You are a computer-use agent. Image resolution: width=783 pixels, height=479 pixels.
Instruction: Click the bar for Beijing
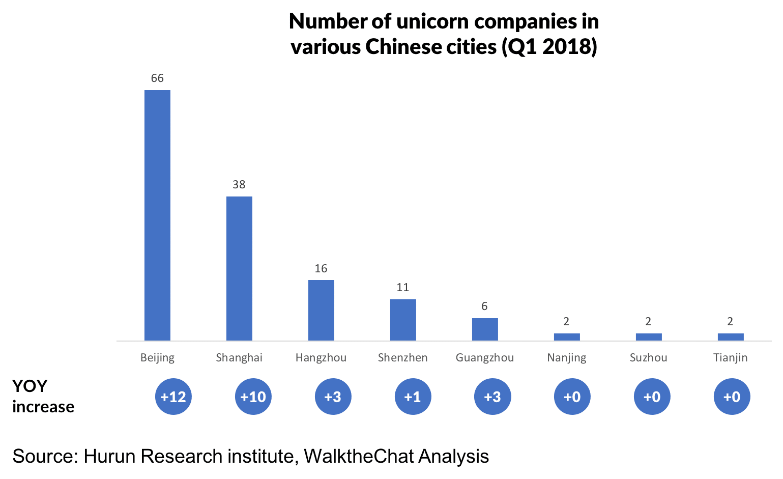pos(157,215)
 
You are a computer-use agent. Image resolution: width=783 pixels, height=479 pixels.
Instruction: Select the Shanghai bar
pos(239,268)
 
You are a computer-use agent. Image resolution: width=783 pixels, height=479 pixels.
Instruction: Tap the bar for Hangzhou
pos(321,310)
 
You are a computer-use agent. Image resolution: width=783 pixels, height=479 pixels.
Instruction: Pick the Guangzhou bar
pos(485,329)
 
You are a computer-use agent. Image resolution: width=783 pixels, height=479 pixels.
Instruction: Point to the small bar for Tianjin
pos(731,336)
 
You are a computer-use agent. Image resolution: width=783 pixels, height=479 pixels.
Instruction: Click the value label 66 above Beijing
pos(157,78)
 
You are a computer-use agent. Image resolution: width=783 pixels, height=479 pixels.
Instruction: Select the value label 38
pos(239,185)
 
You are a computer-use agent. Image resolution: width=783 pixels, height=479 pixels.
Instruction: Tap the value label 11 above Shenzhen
pos(403,288)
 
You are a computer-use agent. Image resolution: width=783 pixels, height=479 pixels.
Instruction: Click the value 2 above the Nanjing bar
pos(566,322)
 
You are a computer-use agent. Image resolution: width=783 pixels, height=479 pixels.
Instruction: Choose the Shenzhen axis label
pos(403,358)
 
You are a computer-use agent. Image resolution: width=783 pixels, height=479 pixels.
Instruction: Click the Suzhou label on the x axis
pos(648,358)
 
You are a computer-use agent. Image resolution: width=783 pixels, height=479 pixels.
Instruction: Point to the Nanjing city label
pos(567,358)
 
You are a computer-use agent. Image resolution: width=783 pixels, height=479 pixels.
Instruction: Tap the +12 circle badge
pos(173,397)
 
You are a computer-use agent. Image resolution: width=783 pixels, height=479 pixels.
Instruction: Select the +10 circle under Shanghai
pos(253,397)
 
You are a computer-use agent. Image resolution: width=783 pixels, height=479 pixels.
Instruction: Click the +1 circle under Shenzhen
pos(413,397)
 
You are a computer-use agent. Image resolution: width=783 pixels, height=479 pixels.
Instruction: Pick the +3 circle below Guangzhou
pos(492,397)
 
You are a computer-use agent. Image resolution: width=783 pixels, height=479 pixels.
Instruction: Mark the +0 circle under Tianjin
pos(732,397)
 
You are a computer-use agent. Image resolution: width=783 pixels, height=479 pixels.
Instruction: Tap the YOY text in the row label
pos(30,386)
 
